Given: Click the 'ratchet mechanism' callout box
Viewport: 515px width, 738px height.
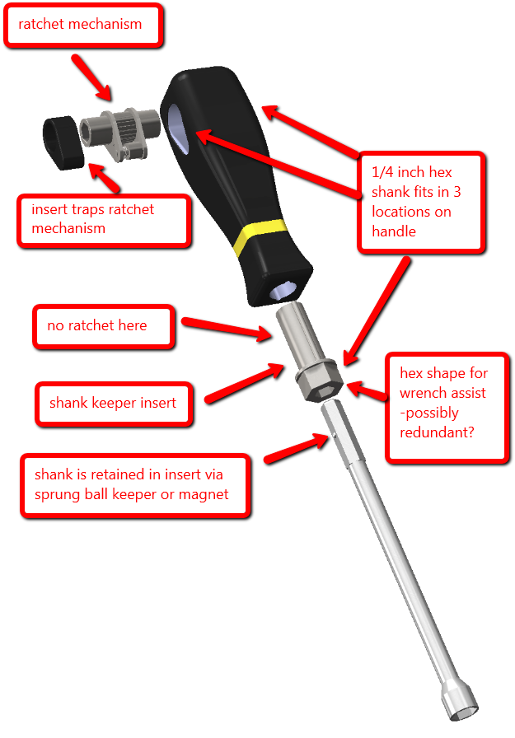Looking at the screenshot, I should point(82,25).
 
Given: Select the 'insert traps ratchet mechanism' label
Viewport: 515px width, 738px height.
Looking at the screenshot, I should point(105,219).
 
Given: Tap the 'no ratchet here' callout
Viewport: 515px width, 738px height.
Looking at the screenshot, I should point(103,326).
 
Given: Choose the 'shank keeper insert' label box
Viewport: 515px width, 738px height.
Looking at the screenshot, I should point(115,404).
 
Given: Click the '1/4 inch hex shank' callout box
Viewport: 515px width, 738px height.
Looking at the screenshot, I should point(419,202).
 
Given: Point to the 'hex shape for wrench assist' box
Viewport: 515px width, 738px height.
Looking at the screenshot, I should point(448,403).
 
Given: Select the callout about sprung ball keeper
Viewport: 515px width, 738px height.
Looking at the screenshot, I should point(135,485).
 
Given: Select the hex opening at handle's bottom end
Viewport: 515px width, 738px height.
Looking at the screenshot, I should point(285,290).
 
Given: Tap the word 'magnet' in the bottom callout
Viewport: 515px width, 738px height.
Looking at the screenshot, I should point(203,494).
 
